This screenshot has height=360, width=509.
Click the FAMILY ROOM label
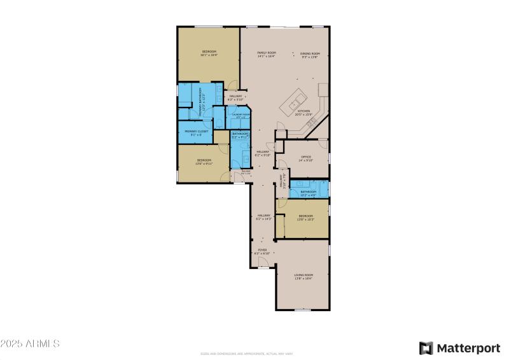click(x=266, y=54)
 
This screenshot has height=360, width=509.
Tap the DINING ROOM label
click(x=310, y=54)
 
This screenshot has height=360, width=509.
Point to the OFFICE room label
click(x=305, y=158)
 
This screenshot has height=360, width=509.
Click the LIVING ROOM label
click(x=303, y=276)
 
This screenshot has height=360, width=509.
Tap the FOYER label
click(x=262, y=251)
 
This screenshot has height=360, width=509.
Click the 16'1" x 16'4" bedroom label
click(x=210, y=53)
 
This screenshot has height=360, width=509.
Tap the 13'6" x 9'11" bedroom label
click(x=204, y=162)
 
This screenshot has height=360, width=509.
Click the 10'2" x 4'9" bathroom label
click(x=309, y=193)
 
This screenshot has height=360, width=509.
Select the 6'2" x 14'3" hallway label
click(x=264, y=217)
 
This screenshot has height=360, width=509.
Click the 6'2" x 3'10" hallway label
click(x=235, y=97)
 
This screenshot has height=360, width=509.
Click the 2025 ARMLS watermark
click(x=30, y=343)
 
